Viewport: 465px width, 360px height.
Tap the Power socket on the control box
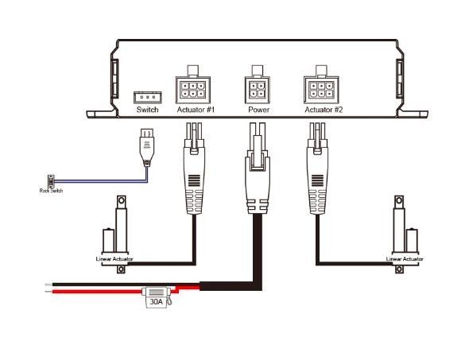(x=258, y=88)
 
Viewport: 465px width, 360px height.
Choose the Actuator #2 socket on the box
(x=323, y=88)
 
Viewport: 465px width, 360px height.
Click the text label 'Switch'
(x=148, y=110)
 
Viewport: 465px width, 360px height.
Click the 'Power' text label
(x=258, y=110)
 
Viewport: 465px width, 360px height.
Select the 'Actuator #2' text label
(x=324, y=110)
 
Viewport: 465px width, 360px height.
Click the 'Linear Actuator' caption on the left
(x=114, y=260)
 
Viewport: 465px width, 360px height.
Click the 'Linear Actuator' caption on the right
(x=404, y=260)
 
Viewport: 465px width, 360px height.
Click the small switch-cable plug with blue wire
(x=147, y=147)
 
